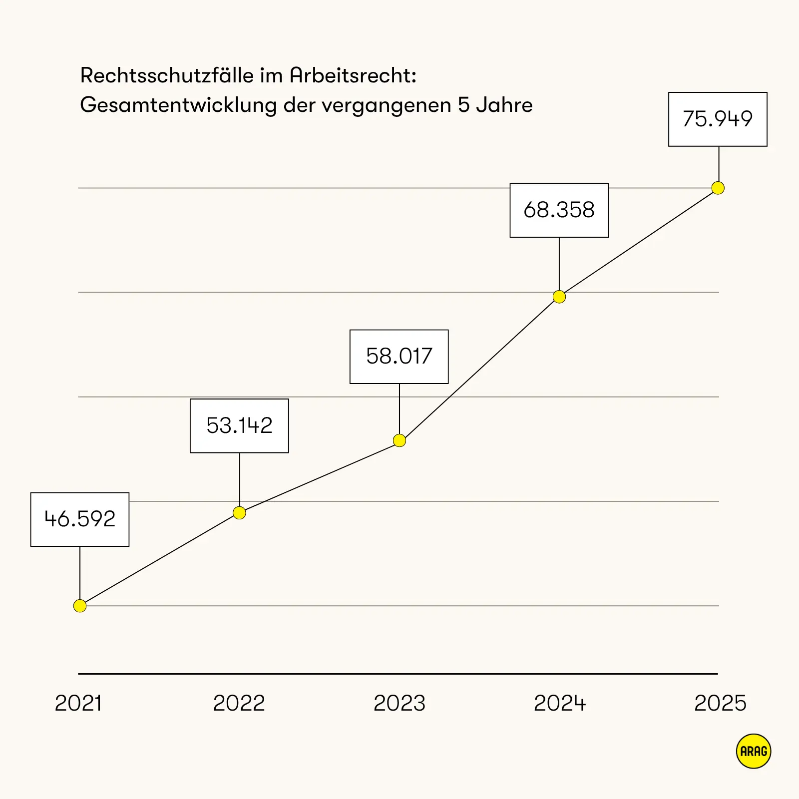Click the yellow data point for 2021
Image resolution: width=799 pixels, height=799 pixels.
[80, 606]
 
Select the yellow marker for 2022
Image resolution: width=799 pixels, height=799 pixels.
[240, 513]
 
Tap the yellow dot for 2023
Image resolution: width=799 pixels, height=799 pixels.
[399, 440]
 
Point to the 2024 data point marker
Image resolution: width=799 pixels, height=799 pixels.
[559, 297]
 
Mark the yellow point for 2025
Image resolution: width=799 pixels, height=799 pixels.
[718, 188]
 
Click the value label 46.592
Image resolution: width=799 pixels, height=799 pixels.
[80, 519]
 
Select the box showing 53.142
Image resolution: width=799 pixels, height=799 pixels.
[240, 426]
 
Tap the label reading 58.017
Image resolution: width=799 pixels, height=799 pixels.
[399, 357]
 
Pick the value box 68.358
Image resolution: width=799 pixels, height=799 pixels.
[559, 210]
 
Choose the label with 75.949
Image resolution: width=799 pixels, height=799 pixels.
[718, 119]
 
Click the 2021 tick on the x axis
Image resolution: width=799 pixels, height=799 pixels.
[78, 703]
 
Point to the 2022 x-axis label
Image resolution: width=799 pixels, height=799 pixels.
[239, 703]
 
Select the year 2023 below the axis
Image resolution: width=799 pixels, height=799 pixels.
[399, 703]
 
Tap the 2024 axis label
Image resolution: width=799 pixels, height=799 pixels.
[560, 703]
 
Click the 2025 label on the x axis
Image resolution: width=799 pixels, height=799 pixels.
[720, 703]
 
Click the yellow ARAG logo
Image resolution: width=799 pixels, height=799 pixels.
[754, 751]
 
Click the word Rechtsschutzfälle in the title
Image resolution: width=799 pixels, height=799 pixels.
[167, 76]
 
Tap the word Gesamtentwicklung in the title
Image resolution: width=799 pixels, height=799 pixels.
[178, 105]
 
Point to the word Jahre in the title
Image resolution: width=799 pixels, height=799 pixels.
[504, 105]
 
